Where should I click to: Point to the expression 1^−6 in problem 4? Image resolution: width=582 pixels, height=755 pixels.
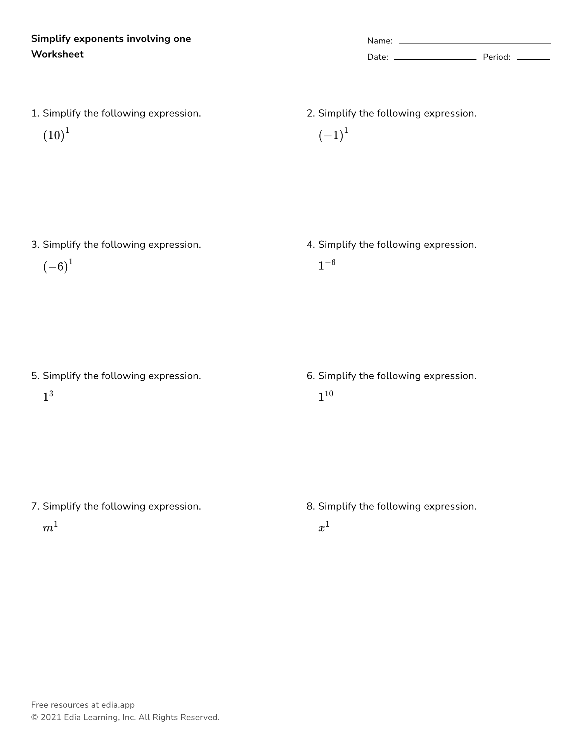(x=327, y=265)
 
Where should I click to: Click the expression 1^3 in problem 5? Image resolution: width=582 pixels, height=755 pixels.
(x=48, y=397)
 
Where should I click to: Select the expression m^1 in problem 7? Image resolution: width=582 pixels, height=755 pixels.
(x=50, y=527)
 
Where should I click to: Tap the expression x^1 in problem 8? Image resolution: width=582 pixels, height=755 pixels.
(x=324, y=527)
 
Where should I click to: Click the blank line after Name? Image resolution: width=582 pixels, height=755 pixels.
(x=475, y=43)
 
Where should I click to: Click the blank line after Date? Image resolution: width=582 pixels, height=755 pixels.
(x=435, y=59)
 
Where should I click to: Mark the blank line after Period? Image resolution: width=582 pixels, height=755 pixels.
(x=533, y=59)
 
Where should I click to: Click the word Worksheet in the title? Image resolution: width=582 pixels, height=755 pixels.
(x=57, y=54)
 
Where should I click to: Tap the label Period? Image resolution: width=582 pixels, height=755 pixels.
(x=497, y=57)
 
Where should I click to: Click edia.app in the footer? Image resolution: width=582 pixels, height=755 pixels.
(x=118, y=705)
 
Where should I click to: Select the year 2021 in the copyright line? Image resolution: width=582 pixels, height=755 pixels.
(x=51, y=717)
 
